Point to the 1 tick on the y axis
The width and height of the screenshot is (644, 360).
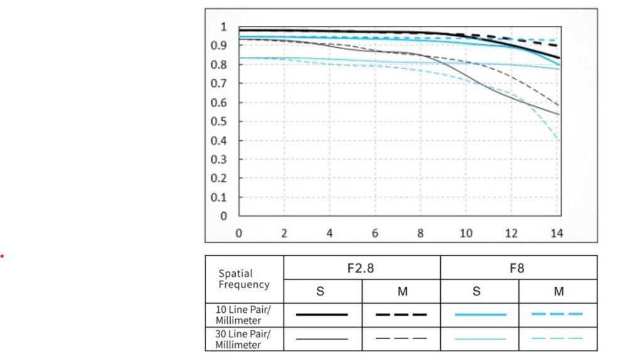[223, 27]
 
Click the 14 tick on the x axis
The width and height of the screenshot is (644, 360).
[557, 233]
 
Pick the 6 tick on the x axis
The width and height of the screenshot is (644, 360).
[375, 233]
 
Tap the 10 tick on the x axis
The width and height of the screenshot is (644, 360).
[465, 233]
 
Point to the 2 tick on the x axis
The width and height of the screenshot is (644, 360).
[284, 233]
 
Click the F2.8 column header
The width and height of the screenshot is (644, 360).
[362, 268]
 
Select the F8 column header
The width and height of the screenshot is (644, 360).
[518, 268]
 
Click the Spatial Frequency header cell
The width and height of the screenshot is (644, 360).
[244, 279]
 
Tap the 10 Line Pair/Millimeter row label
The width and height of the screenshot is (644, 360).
[238, 314]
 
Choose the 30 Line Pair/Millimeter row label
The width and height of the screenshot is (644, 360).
[238, 339]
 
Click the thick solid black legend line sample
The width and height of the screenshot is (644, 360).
[322, 314]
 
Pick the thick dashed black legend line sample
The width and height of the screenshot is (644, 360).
[401, 314]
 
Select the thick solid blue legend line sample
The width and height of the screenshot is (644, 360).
[479, 314]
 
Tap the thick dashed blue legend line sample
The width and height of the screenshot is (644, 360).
[557, 313]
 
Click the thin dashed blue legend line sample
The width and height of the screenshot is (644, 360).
[557, 339]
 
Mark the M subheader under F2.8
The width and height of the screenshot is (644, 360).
[401, 291]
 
